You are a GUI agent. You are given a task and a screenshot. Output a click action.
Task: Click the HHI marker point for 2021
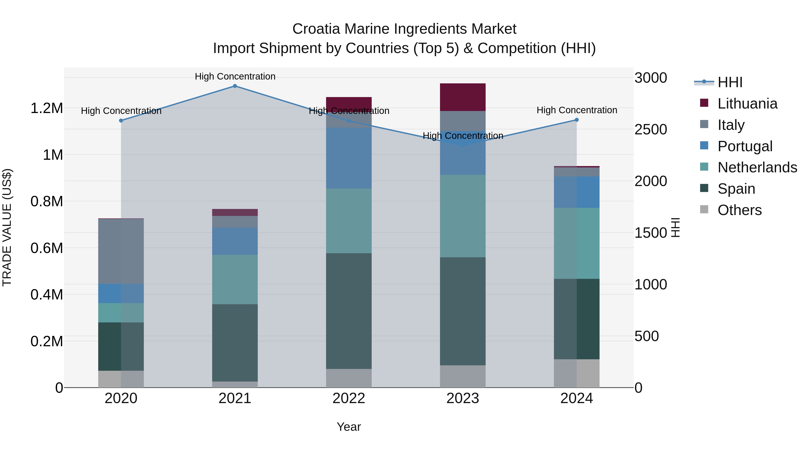(235, 86)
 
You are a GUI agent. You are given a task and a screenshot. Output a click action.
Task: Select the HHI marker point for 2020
(121, 121)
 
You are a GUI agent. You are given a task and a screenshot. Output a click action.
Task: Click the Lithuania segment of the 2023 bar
(463, 97)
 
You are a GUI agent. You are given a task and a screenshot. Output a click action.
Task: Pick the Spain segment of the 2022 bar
(349, 311)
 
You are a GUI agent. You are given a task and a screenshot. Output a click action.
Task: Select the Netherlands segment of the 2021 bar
(235, 280)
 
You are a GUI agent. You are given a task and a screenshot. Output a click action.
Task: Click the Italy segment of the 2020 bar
(121, 251)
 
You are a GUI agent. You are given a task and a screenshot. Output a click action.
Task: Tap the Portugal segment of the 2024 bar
(577, 192)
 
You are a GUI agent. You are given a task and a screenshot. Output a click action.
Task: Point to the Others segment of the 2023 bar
(463, 376)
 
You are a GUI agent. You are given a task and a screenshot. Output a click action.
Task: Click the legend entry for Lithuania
(747, 104)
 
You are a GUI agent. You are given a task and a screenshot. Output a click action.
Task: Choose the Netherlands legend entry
(757, 167)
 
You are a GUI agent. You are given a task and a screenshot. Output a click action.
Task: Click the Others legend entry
(739, 210)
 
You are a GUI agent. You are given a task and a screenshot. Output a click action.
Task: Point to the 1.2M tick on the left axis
(47, 108)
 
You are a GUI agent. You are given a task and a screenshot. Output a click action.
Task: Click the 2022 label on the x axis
(349, 398)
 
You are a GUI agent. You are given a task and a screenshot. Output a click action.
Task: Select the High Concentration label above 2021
(235, 76)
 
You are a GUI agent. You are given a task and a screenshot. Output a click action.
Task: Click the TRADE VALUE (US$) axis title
(7, 227)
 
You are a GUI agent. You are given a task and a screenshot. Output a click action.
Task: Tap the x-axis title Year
(349, 427)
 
